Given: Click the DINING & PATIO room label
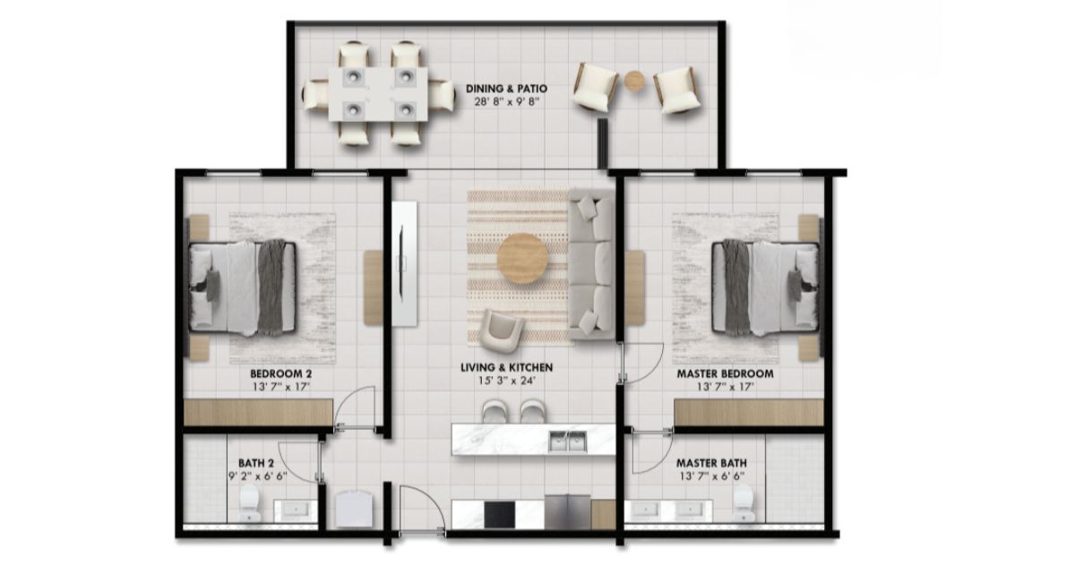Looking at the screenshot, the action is pyautogui.click(x=506, y=89).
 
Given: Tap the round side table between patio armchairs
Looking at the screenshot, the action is pyautogui.click(x=635, y=81).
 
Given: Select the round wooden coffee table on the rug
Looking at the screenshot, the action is pyautogui.click(x=522, y=258).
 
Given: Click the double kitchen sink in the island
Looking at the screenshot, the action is pyautogui.click(x=568, y=441).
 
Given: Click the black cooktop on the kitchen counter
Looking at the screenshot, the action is pyautogui.click(x=499, y=514).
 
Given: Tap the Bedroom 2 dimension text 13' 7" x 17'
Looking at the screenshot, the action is pyautogui.click(x=281, y=387).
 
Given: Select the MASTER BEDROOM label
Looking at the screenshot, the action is pyautogui.click(x=725, y=373).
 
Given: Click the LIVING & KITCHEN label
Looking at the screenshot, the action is pyautogui.click(x=507, y=367).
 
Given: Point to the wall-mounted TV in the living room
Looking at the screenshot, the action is pyautogui.click(x=404, y=264).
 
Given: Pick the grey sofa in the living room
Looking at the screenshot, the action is pyautogui.click(x=592, y=264).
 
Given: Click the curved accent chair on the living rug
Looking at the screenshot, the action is pyautogui.click(x=502, y=330).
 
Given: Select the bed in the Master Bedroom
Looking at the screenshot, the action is pyautogui.click(x=766, y=287).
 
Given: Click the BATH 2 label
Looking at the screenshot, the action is pyautogui.click(x=256, y=463).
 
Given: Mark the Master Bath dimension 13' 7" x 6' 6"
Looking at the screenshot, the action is pyautogui.click(x=711, y=476).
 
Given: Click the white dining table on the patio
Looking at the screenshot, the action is pyautogui.click(x=378, y=94).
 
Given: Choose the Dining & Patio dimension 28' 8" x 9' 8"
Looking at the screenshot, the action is pyautogui.click(x=507, y=102).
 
